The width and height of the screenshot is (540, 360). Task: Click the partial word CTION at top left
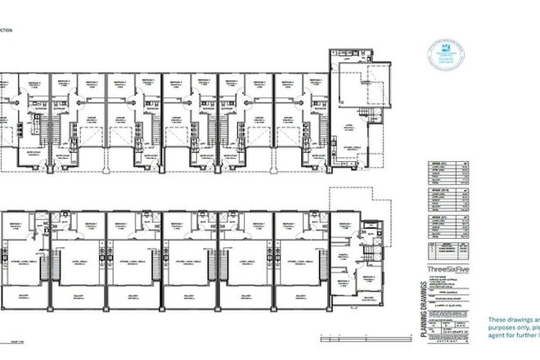click(7, 29)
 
